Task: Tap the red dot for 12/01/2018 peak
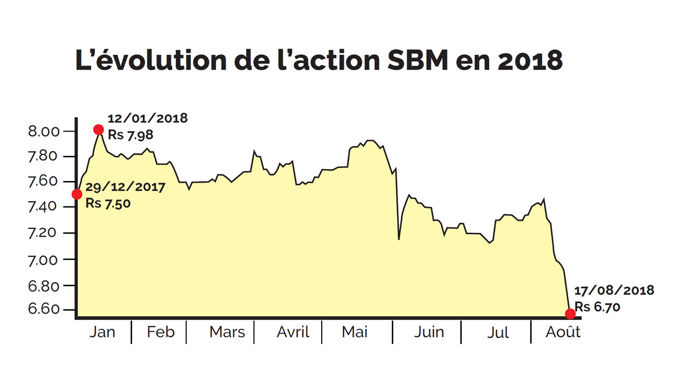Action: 98,129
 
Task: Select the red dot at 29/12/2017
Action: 77,194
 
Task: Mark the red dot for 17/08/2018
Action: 570,314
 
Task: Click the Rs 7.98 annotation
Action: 131,135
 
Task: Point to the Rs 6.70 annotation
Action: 597,306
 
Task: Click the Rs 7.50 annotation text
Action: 108,203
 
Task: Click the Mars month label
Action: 227,332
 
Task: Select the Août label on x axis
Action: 562,332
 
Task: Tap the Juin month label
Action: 429,332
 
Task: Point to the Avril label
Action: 293,332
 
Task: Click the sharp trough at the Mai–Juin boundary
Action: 399,240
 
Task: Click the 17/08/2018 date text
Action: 614,290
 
